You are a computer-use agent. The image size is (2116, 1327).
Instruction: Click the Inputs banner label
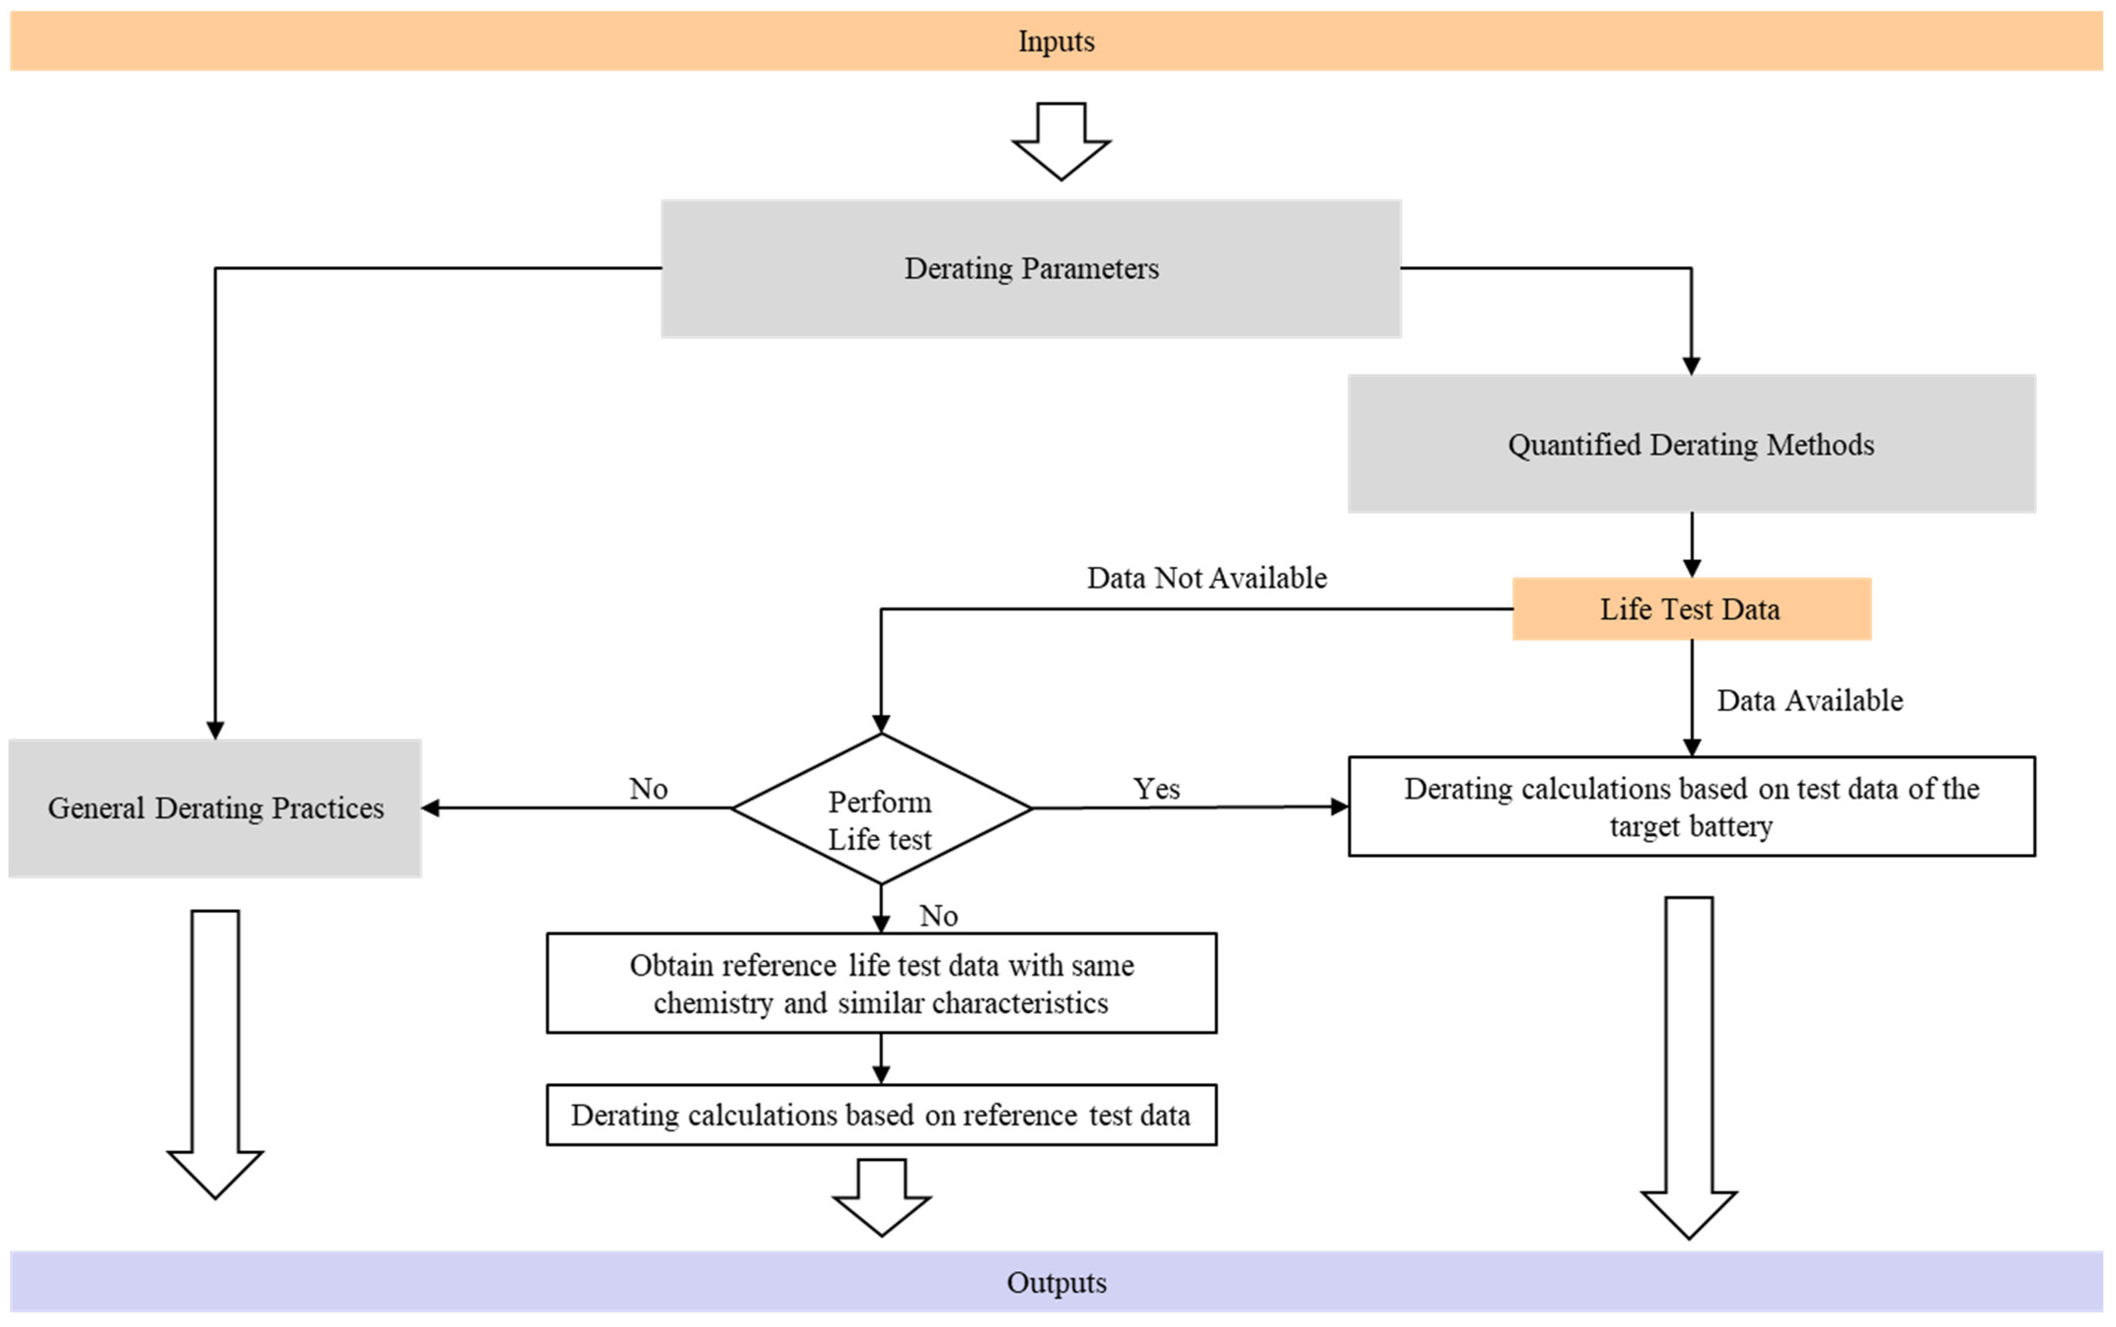pyautogui.click(x=1056, y=41)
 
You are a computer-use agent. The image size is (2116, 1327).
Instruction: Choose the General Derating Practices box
pyautogui.click(x=215, y=808)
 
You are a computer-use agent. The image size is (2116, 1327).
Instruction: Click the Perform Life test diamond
pyautogui.click(x=881, y=808)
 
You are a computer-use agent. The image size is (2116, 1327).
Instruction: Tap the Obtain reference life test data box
pyautogui.click(x=881, y=983)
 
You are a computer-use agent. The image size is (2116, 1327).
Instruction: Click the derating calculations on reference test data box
pyautogui.click(x=881, y=1115)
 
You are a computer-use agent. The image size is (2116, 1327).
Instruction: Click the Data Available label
pyautogui.click(x=1810, y=700)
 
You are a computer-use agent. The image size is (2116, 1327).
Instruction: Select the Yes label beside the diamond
pyautogui.click(x=1156, y=789)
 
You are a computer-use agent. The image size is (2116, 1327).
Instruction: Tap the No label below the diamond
pyautogui.click(x=939, y=916)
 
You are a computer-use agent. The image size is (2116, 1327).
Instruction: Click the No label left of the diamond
pyautogui.click(x=649, y=789)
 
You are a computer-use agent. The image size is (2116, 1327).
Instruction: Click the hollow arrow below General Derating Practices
pyautogui.click(x=215, y=1054)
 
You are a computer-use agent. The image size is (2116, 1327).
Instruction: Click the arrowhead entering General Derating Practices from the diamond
pyautogui.click(x=431, y=808)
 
